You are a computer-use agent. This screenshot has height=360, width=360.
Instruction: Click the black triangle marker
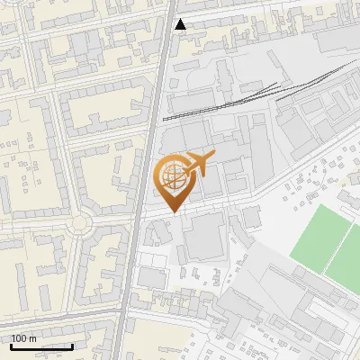tap(181, 24)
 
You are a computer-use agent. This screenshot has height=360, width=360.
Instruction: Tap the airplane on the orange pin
tap(198, 165)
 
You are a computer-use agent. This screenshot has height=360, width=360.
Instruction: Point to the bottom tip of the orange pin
tap(171, 211)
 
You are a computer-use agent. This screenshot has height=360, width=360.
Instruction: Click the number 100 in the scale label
tap(19, 338)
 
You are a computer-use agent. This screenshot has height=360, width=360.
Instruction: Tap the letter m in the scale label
tap(32, 338)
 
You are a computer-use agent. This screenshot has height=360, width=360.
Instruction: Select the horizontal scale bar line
tap(41, 346)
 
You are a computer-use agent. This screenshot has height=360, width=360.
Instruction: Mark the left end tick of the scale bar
tap(11, 345)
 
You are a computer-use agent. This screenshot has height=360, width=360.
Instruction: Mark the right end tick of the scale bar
tap(72, 345)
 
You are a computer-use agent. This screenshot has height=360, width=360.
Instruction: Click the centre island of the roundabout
tap(82, 221)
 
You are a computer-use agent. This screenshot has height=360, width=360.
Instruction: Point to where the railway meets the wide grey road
tap(159, 118)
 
